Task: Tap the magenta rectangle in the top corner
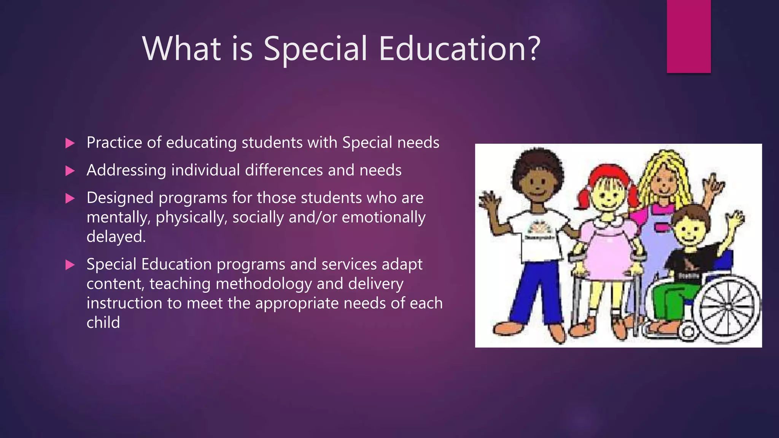tap(688, 36)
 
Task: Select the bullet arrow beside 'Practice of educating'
tap(70, 143)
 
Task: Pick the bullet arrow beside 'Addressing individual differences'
tap(70, 171)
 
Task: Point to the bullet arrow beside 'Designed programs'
tap(70, 198)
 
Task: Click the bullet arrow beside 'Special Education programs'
tap(70, 265)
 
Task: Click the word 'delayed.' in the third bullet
tap(116, 237)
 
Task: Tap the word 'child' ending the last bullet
tap(103, 322)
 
